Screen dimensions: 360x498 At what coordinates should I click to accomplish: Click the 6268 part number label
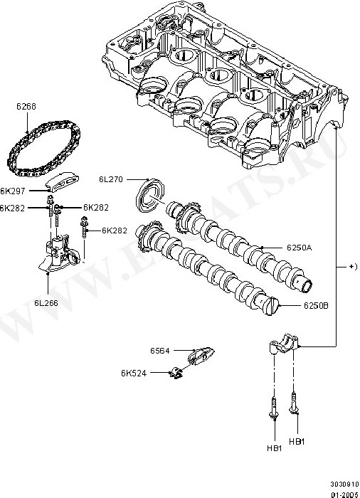26,107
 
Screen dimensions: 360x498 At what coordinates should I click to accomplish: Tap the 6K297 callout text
12,191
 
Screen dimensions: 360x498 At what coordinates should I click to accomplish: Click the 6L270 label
110,179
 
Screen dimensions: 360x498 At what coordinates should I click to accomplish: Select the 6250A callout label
299,248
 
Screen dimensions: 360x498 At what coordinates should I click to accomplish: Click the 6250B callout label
316,305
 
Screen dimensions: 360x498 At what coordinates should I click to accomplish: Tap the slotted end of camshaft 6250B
272,306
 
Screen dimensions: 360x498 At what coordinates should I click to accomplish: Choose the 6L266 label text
46,303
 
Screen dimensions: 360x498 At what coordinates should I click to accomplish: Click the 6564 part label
160,351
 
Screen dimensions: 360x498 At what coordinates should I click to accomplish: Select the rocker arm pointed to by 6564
201,355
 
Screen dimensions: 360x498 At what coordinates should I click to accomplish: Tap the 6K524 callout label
134,373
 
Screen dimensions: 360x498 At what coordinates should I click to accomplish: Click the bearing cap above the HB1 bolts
283,343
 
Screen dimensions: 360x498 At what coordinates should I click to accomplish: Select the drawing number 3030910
344,484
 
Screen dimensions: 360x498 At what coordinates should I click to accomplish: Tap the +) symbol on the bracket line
354,267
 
